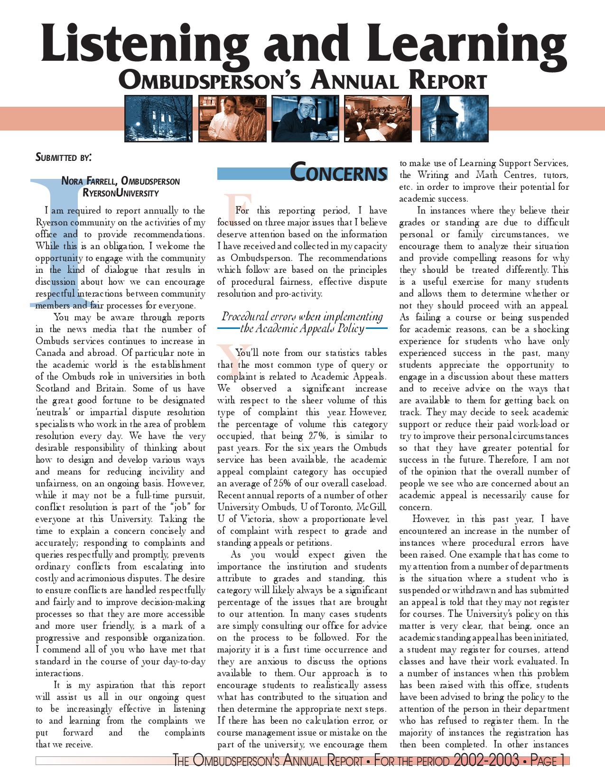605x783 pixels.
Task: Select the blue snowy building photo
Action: tap(158, 119)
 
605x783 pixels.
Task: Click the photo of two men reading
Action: tap(232, 119)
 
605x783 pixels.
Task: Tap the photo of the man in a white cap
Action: tap(305, 119)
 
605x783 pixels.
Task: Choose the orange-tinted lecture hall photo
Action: tap(378, 119)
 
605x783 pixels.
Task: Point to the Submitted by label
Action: tap(63, 157)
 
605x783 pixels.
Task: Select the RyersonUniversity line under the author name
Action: tap(121, 193)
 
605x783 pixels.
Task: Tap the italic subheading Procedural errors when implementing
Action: tap(302, 317)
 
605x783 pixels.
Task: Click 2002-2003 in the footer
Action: tap(485, 761)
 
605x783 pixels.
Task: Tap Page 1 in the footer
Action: tap(546, 761)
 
